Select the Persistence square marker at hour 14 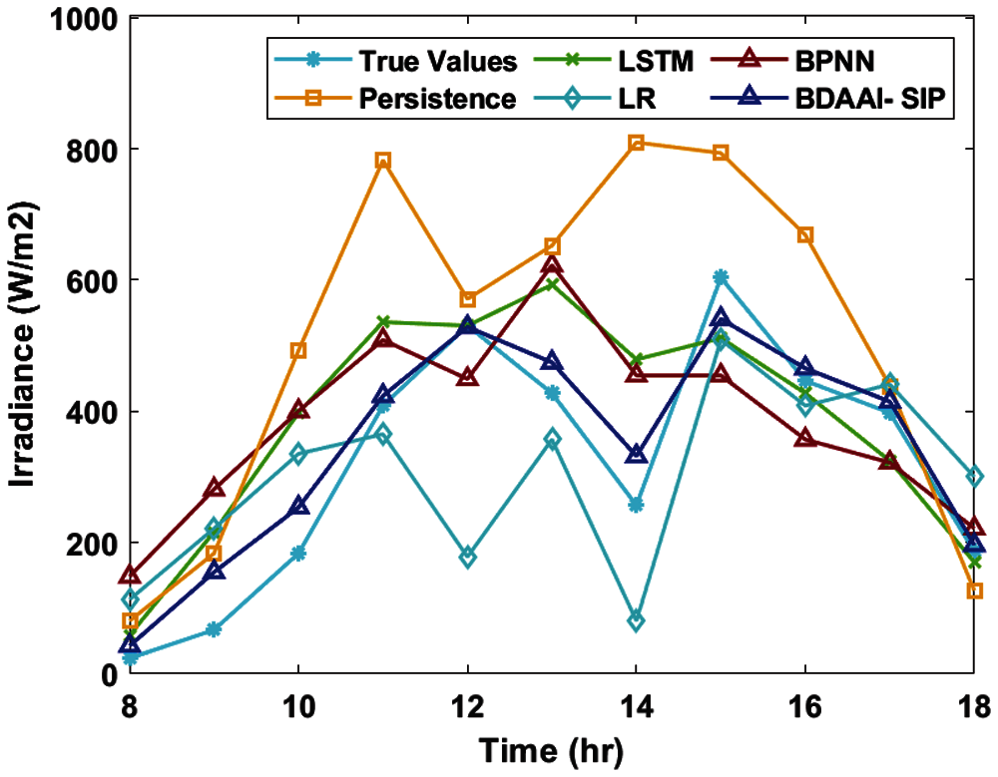pyautogui.click(x=637, y=143)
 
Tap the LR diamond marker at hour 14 pyautogui.click(x=637, y=620)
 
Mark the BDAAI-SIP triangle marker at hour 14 pyautogui.click(x=637, y=454)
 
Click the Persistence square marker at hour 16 pyautogui.click(x=805, y=234)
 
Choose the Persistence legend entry pyautogui.click(x=438, y=100)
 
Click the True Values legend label pyautogui.click(x=439, y=62)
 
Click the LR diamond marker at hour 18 pyautogui.click(x=974, y=477)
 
